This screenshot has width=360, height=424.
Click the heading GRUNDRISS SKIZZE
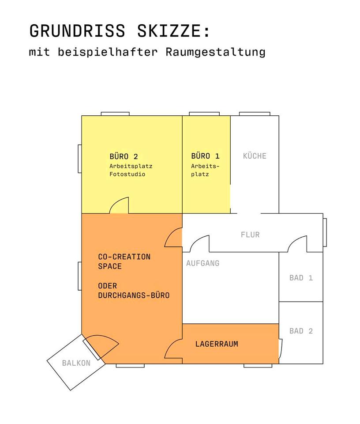[120, 31]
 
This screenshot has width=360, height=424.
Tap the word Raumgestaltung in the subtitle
[216, 52]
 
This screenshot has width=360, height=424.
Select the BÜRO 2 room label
[124, 156]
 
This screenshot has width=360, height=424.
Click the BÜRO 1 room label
[205, 156]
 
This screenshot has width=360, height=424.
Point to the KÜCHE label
[255, 156]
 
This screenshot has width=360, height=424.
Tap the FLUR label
[250, 235]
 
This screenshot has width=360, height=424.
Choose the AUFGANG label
[202, 263]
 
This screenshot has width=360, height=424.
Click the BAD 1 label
[301, 278]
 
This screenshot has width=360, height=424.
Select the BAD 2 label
[301, 331]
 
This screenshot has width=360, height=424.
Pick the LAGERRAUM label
[217, 344]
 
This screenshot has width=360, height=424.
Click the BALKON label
[76, 363]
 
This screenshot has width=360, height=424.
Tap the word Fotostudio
[127, 174]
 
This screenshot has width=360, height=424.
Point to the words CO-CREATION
[124, 257]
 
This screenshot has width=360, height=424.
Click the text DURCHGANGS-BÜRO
[134, 295]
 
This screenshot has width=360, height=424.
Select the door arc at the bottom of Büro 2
[119, 205]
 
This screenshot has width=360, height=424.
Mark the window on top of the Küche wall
[255, 114]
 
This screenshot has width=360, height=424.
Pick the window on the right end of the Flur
[325, 232]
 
